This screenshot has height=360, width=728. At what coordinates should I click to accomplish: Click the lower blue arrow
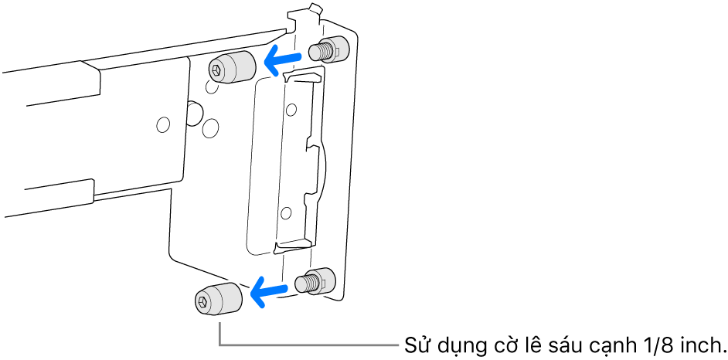pyautogui.click(x=269, y=292)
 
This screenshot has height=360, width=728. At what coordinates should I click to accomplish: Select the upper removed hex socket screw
pyautogui.click(x=232, y=67)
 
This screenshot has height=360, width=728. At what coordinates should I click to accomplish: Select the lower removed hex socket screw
pyautogui.click(x=218, y=299)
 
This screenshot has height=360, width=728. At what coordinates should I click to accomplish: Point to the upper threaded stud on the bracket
pyautogui.click(x=328, y=49)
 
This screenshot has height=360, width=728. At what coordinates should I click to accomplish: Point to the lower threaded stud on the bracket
pyautogui.click(x=315, y=281)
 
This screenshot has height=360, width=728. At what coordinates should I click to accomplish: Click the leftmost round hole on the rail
pyautogui.click(x=163, y=124)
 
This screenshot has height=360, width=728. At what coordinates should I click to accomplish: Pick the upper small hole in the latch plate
pyautogui.click(x=291, y=110)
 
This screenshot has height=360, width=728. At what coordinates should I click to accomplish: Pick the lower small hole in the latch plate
pyautogui.click(x=286, y=213)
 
